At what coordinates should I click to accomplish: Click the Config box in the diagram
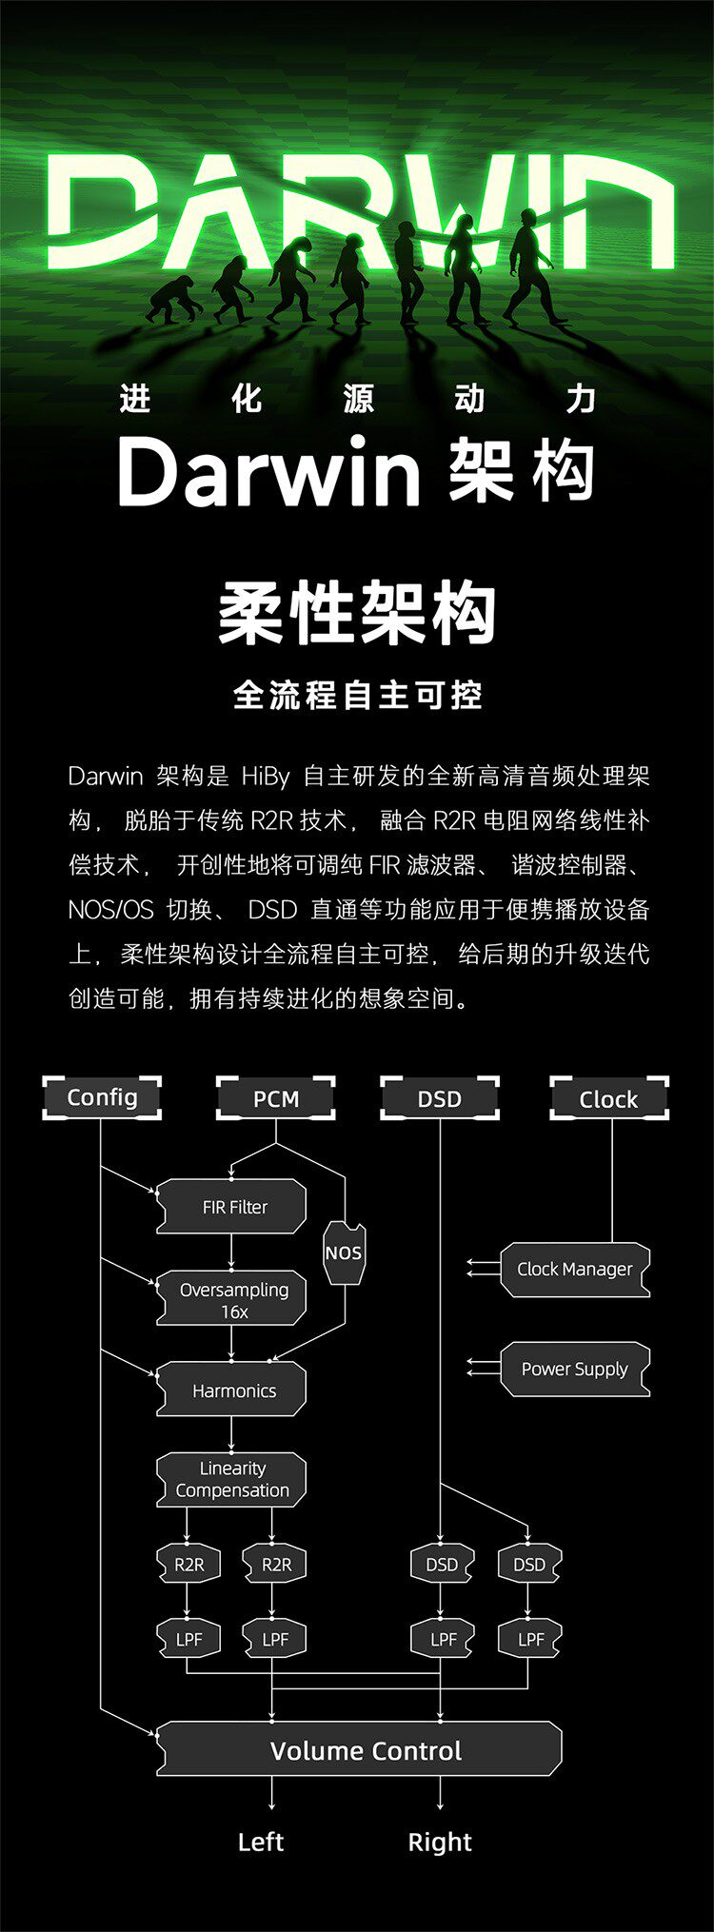coord(102,1097)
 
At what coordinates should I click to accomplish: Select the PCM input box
coord(276,1098)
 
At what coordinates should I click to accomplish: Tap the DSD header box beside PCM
coord(440,1098)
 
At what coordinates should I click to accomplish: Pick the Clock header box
coord(609,1098)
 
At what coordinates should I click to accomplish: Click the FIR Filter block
coord(232,1207)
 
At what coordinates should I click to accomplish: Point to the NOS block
coord(344,1252)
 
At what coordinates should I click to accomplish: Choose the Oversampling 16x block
coord(232,1299)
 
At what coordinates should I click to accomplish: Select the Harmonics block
coord(232,1390)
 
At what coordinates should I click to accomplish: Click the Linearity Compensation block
coord(232,1480)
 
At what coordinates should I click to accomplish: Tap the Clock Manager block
coord(575,1270)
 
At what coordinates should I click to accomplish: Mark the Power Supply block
coord(575,1370)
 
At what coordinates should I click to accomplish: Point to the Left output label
coord(261,1842)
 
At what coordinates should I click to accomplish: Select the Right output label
coord(440,1842)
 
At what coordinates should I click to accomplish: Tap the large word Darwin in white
coord(268,473)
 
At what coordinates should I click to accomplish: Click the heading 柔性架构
coord(357,614)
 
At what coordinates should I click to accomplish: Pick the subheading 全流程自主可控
coord(357,695)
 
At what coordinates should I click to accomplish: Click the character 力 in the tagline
coord(581,399)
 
